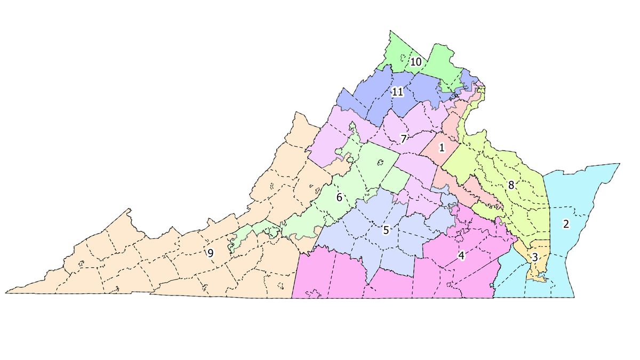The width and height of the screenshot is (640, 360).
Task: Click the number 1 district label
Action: pos(442,147)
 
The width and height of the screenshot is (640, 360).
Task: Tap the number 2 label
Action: pos(566,224)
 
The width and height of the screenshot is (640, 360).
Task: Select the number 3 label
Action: pos(534,257)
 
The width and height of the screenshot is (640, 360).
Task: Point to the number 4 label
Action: pos(461,255)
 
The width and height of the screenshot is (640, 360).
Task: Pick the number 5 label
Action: pos(386,230)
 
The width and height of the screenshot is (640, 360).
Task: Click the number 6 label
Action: pos(339,197)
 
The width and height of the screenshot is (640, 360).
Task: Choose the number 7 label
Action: pos(404,139)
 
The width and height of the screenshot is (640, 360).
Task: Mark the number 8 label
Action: pos(511,185)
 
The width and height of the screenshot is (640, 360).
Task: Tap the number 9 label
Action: pos(210,253)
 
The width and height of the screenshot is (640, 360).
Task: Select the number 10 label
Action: pos(416,62)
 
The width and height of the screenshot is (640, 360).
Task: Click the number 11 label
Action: pos(397,92)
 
